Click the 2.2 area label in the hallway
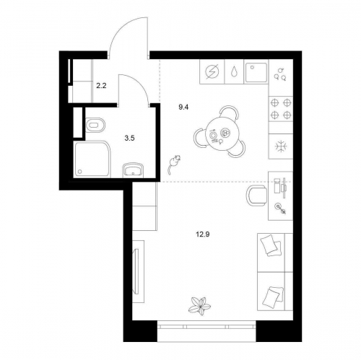101,86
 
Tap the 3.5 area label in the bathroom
129,139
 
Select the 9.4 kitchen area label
183,107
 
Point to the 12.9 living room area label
203,234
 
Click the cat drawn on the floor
174,164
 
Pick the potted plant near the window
199,306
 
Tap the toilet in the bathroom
95,125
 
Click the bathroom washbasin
133,170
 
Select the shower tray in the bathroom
92,159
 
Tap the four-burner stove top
281,109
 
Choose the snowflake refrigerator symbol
281,146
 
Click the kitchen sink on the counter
256,71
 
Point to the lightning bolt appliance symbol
212,71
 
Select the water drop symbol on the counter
234,72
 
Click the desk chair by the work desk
256,196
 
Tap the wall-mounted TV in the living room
136,271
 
